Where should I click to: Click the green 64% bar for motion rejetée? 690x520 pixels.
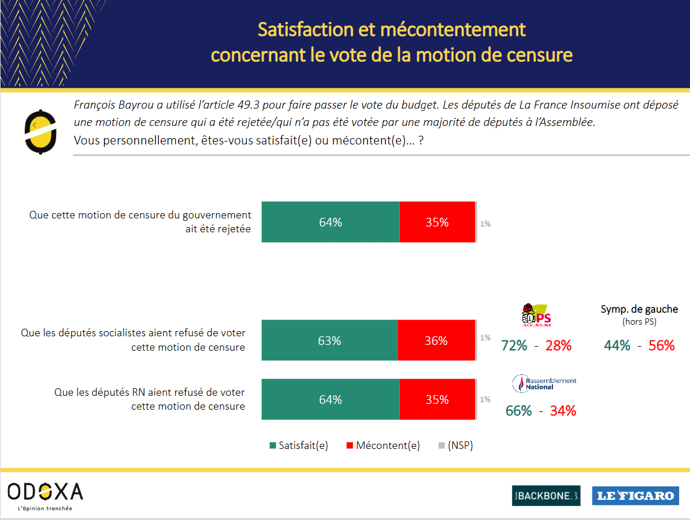click(330, 222)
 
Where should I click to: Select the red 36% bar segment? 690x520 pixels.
click(436, 340)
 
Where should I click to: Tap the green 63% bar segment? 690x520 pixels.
click(329, 340)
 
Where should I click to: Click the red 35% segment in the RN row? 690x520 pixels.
click(437, 399)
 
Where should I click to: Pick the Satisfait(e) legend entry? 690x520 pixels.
click(298, 445)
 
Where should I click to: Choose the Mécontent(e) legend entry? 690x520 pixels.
click(382, 445)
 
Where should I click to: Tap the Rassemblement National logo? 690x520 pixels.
click(544, 383)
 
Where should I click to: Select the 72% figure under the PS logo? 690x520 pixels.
click(514, 346)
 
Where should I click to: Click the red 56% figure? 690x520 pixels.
click(662, 346)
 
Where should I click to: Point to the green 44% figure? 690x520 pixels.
click(617, 346)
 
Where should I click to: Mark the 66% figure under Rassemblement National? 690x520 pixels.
click(518, 411)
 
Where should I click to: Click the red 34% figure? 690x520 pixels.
click(563, 411)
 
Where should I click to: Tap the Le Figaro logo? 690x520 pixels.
click(635, 495)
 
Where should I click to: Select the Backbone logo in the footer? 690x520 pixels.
click(546, 495)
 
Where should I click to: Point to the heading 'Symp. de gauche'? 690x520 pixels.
click(639, 309)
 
